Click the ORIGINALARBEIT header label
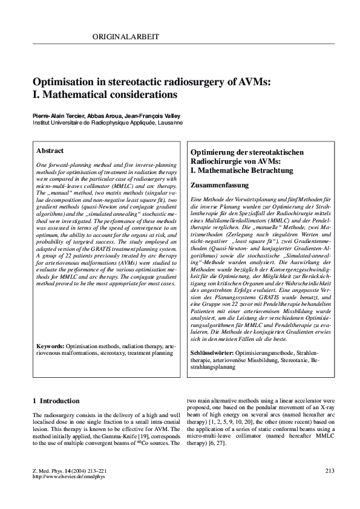pos(126,37)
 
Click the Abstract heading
pos(50,151)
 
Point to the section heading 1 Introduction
pos(56,401)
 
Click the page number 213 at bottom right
pos(330,471)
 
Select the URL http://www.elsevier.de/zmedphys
pos(68,477)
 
